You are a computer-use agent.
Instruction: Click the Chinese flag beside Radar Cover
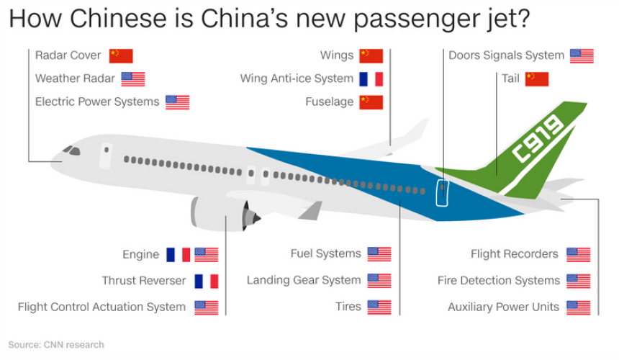click(x=121, y=56)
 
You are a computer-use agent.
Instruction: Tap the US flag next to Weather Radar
click(x=133, y=79)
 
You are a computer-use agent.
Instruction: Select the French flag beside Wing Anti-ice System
click(x=371, y=78)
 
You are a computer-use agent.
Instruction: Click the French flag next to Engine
click(x=178, y=255)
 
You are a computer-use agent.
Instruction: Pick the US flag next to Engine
click(x=207, y=255)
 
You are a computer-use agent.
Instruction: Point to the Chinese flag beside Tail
click(x=537, y=79)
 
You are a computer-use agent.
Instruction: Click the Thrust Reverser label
click(x=143, y=281)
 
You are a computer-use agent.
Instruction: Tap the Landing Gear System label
click(x=303, y=280)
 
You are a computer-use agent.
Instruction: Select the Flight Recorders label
click(x=514, y=254)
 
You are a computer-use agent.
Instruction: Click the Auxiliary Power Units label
click(x=503, y=307)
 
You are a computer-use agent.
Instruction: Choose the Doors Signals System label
click(x=506, y=55)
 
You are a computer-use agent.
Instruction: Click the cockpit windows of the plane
click(x=71, y=150)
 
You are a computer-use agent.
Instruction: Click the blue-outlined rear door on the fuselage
click(x=442, y=193)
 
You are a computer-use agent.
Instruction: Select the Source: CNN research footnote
click(x=56, y=345)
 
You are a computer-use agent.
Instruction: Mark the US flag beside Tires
click(x=379, y=307)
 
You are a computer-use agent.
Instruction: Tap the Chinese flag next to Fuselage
click(x=371, y=102)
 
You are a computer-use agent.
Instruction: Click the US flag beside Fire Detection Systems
click(x=578, y=281)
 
